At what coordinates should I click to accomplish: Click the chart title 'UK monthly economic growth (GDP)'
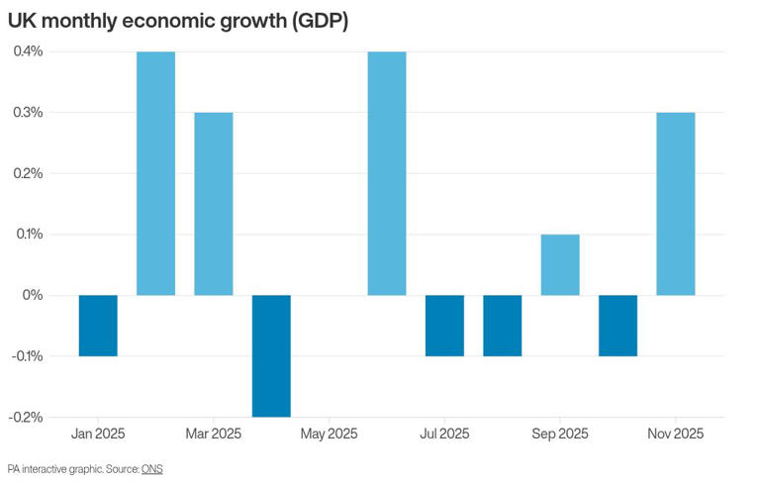point(177,20)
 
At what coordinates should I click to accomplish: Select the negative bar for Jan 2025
point(98,326)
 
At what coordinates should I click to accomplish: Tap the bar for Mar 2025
point(214,204)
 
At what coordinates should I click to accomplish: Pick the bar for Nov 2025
point(676,204)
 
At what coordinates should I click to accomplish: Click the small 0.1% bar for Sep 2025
point(560,264)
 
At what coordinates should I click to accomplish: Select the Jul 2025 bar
point(444,326)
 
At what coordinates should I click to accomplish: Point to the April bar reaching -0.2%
point(271,355)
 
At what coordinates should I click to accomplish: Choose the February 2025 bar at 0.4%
point(155,173)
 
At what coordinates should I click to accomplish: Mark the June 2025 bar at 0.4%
point(387,173)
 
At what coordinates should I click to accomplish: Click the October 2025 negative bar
point(617,326)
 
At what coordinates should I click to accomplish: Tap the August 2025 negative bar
point(503,326)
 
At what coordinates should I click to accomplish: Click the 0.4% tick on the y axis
point(28,51)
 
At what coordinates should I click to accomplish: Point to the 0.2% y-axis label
point(28,173)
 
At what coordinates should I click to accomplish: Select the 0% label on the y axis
point(34,295)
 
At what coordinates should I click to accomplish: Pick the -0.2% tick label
point(26,417)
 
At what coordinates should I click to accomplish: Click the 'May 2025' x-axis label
point(329,434)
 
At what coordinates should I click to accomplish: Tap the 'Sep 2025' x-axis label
point(560,434)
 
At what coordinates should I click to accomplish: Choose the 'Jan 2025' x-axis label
point(98,434)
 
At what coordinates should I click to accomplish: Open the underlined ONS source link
point(151,468)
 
